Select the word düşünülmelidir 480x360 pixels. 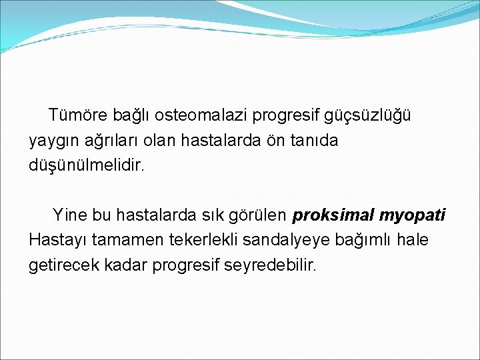tap(86, 165)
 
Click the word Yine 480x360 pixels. tap(68, 215)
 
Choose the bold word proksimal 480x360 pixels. tap(333, 215)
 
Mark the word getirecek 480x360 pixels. tap(63, 265)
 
